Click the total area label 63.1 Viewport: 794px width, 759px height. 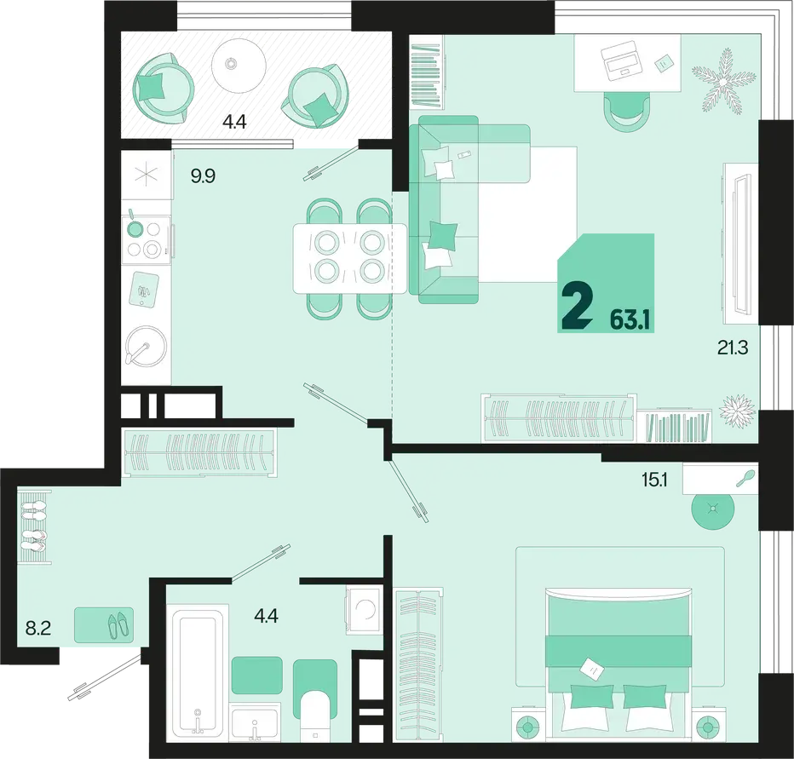[x=630, y=320]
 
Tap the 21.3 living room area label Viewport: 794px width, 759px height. [x=732, y=348]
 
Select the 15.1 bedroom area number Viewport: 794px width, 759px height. [x=654, y=480]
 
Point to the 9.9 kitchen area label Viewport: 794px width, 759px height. [x=203, y=176]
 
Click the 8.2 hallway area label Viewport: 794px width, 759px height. [x=38, y=630]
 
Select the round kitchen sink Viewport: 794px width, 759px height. [x=146, y=345]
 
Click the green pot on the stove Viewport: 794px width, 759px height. [x=135, y=227]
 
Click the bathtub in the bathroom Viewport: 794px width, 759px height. [x=198, y=670]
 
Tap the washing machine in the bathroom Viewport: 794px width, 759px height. [x=363, y=610]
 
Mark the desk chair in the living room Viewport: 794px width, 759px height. [x=626, y=112]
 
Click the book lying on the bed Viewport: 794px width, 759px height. [x=591, y=669]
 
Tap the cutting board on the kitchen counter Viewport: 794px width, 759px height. [x=145, y=289]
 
